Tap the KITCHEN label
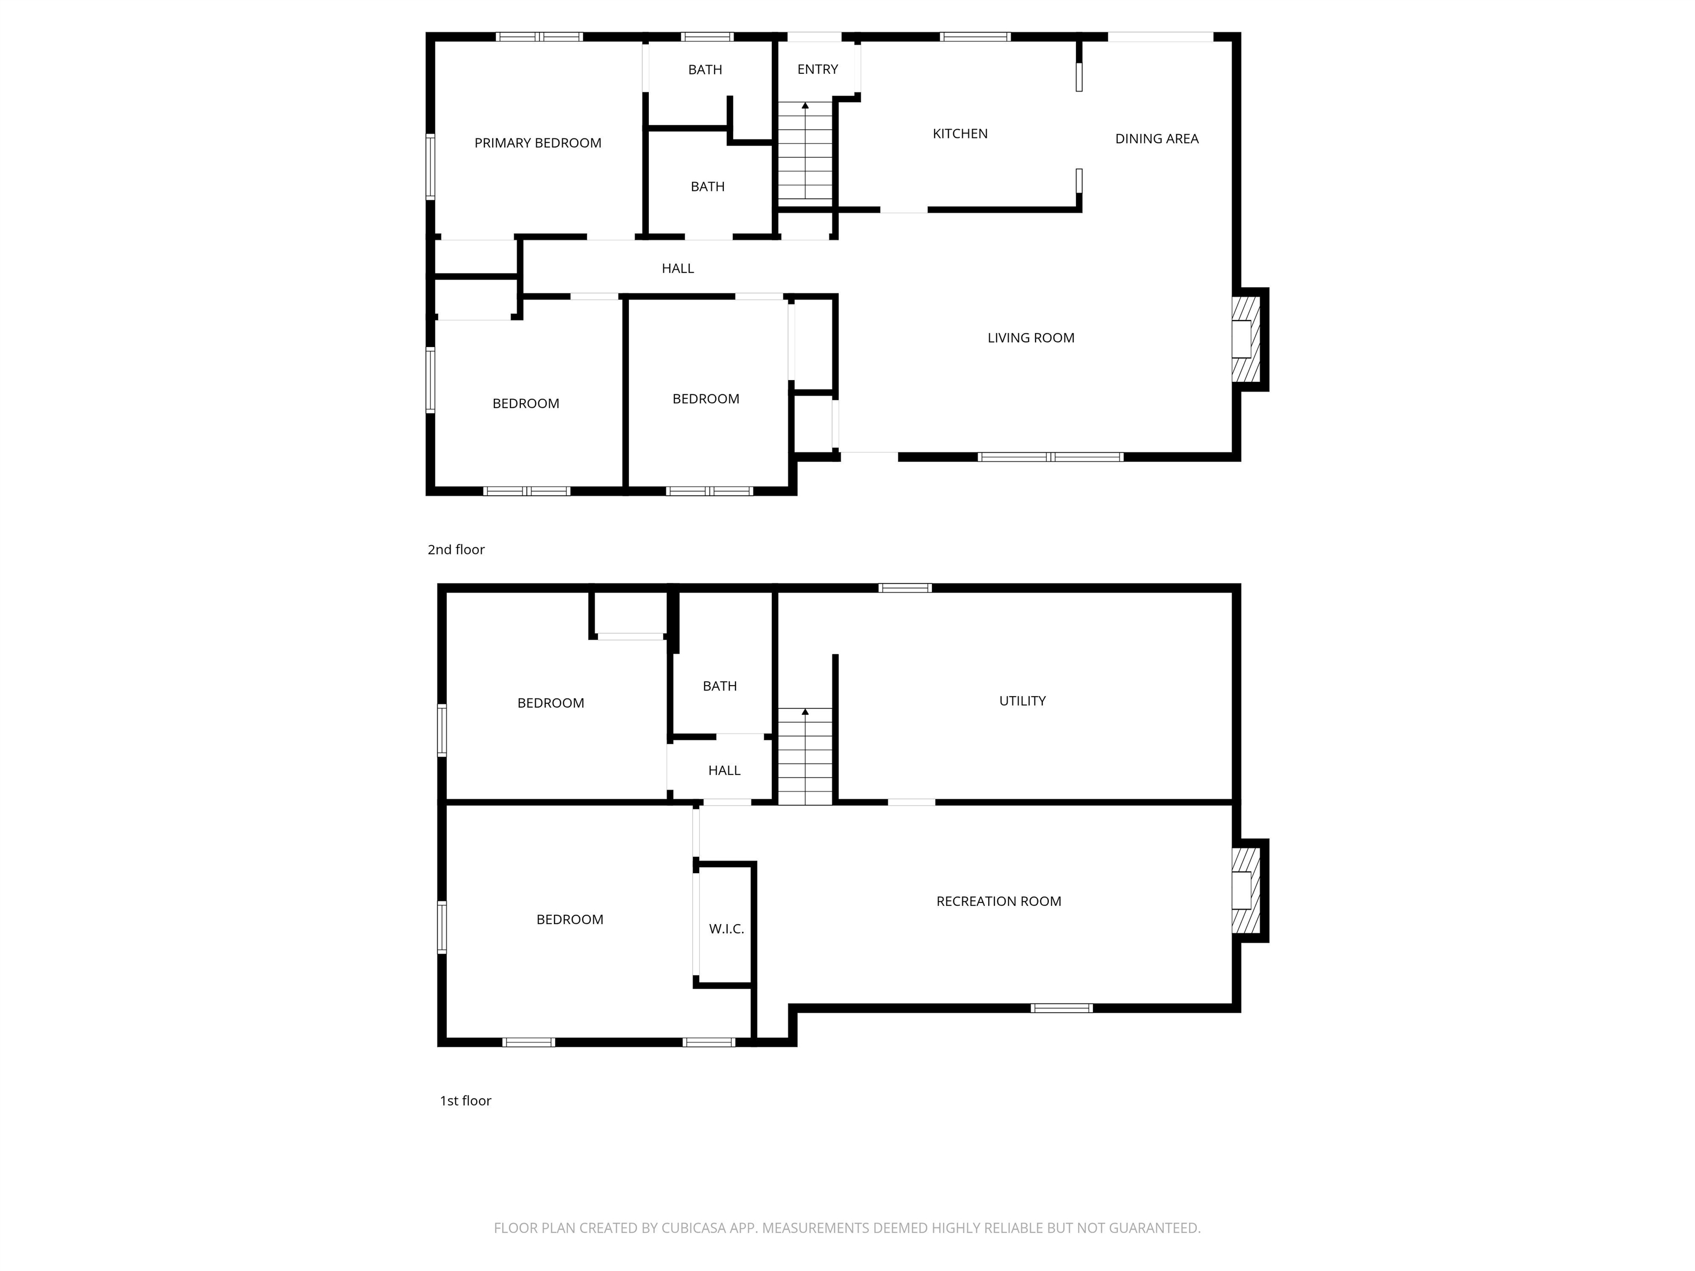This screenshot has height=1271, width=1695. click(x=960, y=134)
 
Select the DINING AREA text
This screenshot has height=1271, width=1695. click(x=1156, y=138)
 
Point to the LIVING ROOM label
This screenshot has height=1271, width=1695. click(x=1031, y=338)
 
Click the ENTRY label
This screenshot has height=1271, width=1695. click(x=818, y=70)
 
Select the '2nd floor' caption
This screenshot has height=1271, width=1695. click(x=456, y=549)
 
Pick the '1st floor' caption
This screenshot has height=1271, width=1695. click(x=465, y=1101)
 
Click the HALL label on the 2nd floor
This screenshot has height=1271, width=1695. click(x=678, y=269)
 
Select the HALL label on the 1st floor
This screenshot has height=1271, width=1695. click(x=724, y=771)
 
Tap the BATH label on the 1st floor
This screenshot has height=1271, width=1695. click(x=719, y=686)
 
